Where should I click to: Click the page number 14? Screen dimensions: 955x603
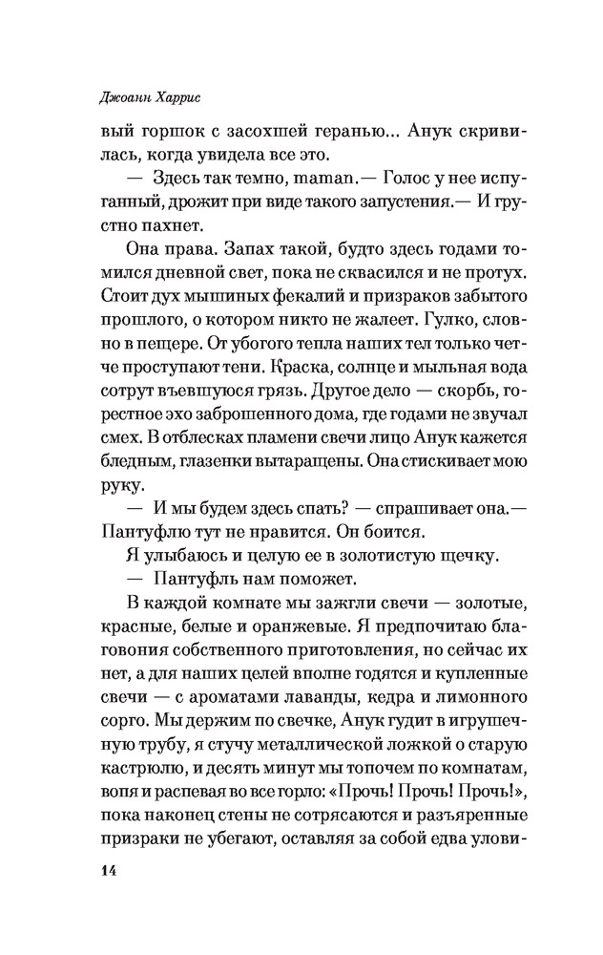tap(101, 870)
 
